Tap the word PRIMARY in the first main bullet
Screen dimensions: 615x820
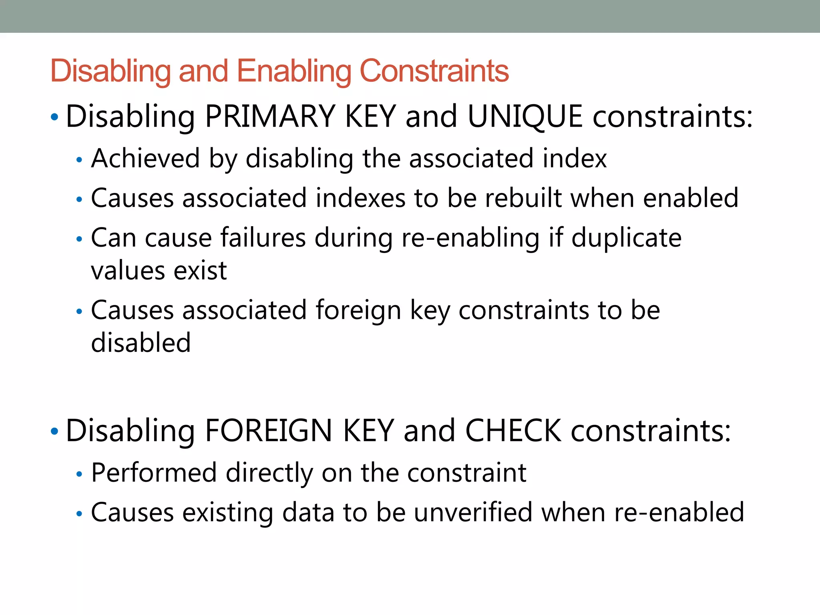[x=270, y=117]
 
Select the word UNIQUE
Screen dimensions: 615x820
[x=525, y=117]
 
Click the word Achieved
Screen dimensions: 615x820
[x=145, y=158]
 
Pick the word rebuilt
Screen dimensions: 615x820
[x=523, y=198]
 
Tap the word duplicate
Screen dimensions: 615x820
[x=626, y=238]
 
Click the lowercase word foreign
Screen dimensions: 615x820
[x=358, y=310]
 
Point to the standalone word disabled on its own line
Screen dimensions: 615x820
[x=141, y=343]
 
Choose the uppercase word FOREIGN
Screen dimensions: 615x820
[x=268, y=431]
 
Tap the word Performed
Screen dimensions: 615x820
[x=154, y=473]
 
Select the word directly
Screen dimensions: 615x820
[x=269, y=473]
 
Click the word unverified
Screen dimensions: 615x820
[x=473, y=512]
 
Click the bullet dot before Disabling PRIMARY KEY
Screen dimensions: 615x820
[x=54, y=117]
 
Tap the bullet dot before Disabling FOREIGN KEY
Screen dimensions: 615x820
[x=54, y=432]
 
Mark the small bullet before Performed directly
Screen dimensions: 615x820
[x=79, y=474]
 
